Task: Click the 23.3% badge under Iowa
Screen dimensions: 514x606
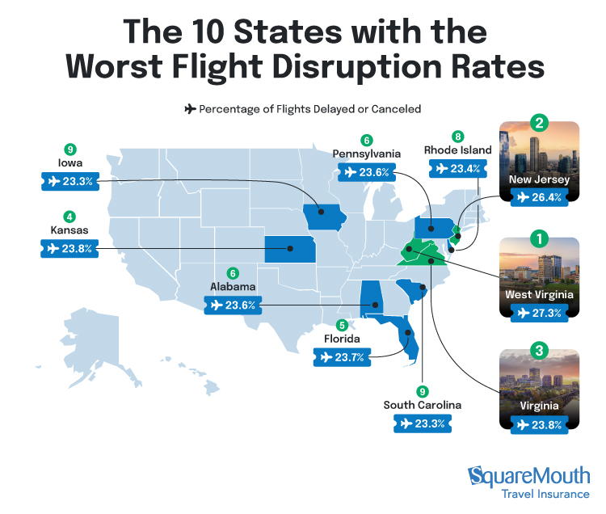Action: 70,182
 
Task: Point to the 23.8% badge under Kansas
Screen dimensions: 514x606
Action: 70,249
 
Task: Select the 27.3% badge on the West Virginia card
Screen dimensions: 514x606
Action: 539,313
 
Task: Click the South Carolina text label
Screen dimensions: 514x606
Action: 423,404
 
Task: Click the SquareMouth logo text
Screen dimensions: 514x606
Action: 529,475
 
